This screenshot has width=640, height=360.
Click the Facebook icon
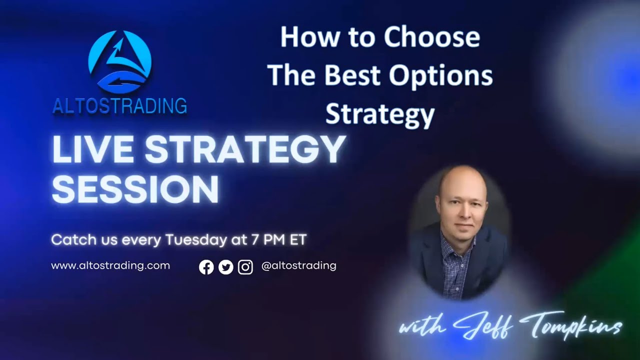pos(206,267)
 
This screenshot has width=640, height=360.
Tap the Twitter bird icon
pos(226,267)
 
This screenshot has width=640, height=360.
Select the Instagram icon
pos(245,267)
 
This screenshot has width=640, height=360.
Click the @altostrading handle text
pos(298,266)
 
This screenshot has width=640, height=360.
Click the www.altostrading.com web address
pos(110,266)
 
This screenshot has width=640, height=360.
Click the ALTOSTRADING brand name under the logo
pos(120,106)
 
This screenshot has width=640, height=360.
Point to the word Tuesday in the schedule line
pos(196,240)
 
